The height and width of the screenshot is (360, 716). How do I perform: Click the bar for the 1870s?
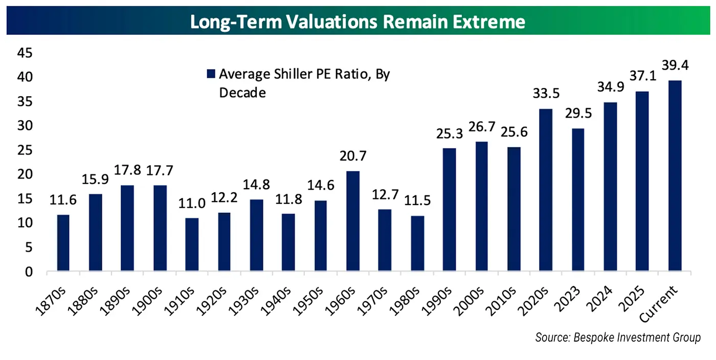pos(63,243)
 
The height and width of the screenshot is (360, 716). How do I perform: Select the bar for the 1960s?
pos(353,221)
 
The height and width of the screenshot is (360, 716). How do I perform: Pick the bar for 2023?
pos(578,200)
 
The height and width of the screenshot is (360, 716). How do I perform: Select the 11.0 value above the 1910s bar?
pos(192,205)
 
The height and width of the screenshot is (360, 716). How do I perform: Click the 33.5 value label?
pos(546,96)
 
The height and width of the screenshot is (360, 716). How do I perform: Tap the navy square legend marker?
pos(210,75)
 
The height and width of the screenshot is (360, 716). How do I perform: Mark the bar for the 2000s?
pos(482,207)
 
